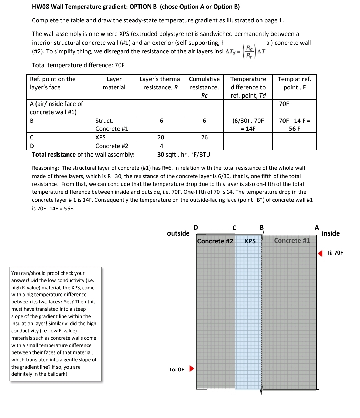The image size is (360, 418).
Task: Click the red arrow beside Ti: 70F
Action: tap(320, 253)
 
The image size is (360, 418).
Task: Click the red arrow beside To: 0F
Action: tap(192, 369)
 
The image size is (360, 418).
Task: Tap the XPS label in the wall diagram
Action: tap(250, 241)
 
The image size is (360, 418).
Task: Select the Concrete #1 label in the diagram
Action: tap(292, 241)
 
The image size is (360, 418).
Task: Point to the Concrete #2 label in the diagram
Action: tap(215, 241)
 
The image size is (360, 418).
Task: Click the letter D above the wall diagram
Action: tap(196, 227)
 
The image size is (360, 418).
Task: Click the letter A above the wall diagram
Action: tap(317, 227)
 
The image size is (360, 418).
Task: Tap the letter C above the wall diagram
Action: tap(234, 228)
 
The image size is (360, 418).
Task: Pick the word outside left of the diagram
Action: tap(178, 233)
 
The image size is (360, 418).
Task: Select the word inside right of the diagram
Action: tap(331, 233)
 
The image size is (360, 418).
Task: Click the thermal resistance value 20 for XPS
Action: tap(161, 137)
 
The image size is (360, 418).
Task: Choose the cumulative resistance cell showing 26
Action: tap(204, 137)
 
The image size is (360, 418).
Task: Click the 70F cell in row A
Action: tap(284, 104)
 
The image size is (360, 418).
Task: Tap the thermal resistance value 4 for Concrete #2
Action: tap(161, 146)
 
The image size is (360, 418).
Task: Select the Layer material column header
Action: tap(114, 83)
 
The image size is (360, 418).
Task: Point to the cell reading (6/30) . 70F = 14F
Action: tap(248, 125)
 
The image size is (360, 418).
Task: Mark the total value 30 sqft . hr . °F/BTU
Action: tap(184, 155)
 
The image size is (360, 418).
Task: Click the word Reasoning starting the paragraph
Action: tap(45, 168)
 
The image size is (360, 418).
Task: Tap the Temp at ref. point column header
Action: tap(294, 83)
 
